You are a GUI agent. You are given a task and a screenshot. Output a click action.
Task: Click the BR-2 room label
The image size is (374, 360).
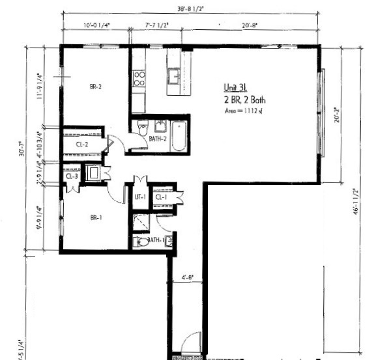click(x=95, y=87)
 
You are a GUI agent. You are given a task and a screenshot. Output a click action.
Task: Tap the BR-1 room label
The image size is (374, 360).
click(x=96, y=218)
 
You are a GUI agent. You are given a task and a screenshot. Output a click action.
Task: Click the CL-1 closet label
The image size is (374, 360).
click(x=160, y=197)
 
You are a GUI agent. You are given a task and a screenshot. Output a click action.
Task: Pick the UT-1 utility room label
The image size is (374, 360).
click(x=139, y=197)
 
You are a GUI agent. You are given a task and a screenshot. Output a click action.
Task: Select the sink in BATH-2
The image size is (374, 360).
click(x=161, y=126)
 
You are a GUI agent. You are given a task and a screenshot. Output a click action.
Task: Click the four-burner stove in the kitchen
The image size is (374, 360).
click(x=139, y=79)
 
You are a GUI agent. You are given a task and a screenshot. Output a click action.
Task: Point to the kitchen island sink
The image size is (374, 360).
click(x=174, y=77)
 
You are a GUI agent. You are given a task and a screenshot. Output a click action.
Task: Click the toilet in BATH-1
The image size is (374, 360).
click(x=143, y=242)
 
